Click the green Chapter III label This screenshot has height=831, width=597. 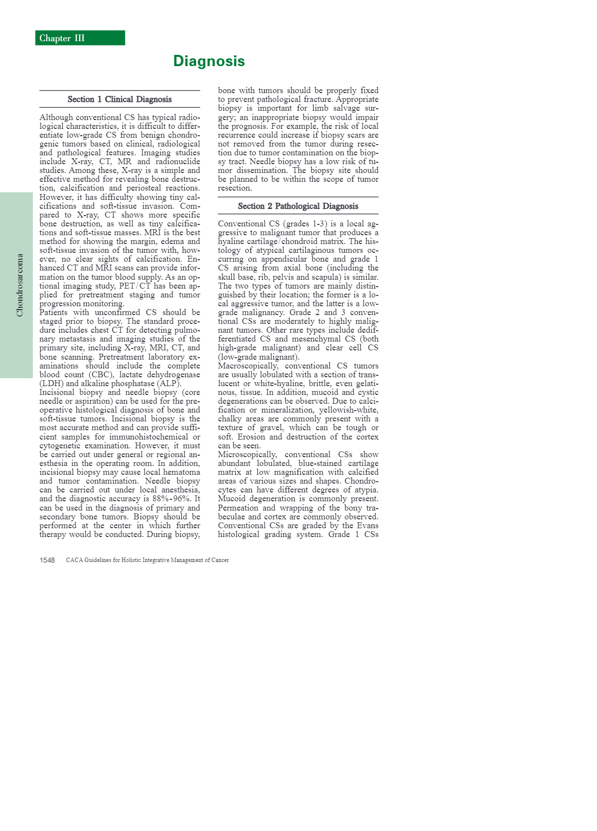[x=62, y=38]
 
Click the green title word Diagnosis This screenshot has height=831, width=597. [x=209, y=61]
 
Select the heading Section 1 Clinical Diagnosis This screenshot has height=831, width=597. [x=120, y=99]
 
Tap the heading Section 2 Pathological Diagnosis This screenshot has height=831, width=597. [x=298, y=206]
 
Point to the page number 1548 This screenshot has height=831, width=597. [x=47, y=560]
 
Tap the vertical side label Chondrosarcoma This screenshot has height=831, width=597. [x=20, y=285]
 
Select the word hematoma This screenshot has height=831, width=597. [x=183, y=472]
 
